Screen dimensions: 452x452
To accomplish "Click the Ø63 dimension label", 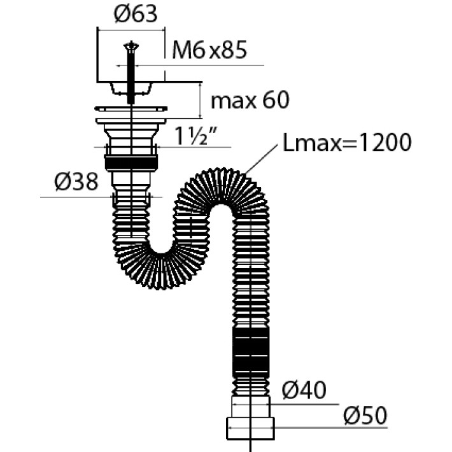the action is [x=136, y=14].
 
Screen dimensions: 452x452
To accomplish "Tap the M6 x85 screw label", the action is [x=209, y=50].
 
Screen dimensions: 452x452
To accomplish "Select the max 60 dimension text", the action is [x=250, y=101].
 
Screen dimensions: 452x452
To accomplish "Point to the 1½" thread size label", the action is [x=195, y=136].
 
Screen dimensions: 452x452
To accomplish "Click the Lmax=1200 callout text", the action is [x=347, y=142].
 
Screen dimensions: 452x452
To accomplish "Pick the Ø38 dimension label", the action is [x=76, y=182].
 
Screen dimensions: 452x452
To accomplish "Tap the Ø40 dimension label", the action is [x=304, y=390].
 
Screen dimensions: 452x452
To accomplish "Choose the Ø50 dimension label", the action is [x=365, y=416].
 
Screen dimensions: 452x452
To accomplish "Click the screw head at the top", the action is [x=131, y=46].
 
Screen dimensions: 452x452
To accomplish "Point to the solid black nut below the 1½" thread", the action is [x=131, y=163].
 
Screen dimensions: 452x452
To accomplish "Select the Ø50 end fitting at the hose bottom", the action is [x=250, y=428].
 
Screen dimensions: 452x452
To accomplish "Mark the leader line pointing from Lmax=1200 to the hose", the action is [x=261, y=159].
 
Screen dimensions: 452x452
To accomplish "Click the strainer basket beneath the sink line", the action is [x=131, y=88].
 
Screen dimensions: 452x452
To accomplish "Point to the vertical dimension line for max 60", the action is [x=200, y=100].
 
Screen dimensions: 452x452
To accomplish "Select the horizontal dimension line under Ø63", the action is [x=131, y=30].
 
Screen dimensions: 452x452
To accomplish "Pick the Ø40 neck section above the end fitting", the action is [x=251, y=406].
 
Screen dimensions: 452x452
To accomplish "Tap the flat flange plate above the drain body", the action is [x=131, y=109].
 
